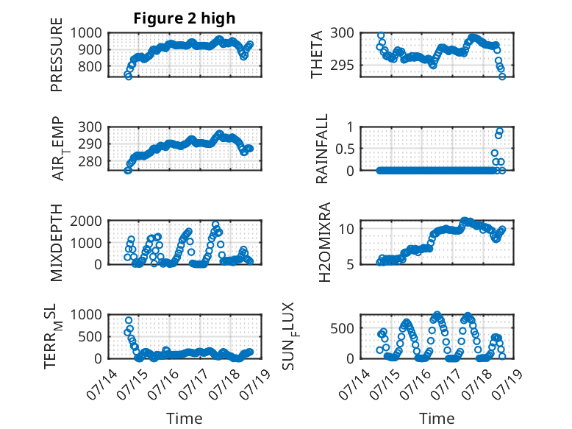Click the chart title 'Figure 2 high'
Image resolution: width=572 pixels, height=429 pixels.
(185, 18)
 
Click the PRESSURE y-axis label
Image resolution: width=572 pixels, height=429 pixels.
(57, 54)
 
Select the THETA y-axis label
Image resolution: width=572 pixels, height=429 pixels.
(317, 54)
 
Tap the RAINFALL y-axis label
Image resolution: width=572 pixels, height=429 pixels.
(322, 149)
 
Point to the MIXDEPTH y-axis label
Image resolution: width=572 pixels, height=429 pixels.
(57, 242)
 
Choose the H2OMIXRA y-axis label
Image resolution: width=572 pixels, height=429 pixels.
(324, 242)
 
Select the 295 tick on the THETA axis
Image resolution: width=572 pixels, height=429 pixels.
(342, 65)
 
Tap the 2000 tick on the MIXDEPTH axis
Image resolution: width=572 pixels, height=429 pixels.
(86, 221)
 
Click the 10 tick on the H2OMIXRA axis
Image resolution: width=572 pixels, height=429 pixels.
(346, 229)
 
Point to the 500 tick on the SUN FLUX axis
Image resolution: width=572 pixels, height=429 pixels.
(342, 328)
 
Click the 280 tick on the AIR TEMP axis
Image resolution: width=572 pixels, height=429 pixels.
(90, 161)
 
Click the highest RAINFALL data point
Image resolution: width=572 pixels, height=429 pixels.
(499, 132)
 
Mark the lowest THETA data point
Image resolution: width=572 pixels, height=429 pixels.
(502, 77)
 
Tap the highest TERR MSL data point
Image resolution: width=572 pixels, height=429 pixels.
(129, 320)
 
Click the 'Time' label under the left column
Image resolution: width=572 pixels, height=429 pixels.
(185, 419)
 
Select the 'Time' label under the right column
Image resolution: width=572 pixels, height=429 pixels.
(437, 419)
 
